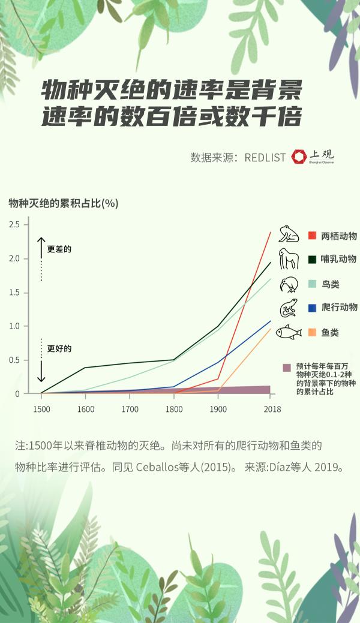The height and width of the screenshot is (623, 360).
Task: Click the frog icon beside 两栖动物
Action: (x=289, y=234)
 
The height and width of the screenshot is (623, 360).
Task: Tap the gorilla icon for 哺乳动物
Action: (x=289, y=258)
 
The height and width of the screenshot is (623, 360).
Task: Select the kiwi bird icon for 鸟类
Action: (x=289, y=284)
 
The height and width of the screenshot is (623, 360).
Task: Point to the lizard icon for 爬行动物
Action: (x=289, y=308)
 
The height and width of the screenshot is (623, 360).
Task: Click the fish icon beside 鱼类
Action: (x=289, y=332)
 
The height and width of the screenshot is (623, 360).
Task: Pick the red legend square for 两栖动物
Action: (x=312, y=236)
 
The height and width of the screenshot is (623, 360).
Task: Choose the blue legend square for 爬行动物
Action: (x=312, y=308)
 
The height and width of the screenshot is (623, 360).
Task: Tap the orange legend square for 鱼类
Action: (x=312, y=332)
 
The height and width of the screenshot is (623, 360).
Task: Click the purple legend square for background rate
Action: (x=287, y=368)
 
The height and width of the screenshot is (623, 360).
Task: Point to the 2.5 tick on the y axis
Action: (x=14, y=225)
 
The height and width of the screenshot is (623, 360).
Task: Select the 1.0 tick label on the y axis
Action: (x=14, y=326)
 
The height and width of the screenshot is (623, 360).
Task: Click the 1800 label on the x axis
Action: (x=174, y=410)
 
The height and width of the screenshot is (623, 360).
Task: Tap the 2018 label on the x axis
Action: (x=272, y=410)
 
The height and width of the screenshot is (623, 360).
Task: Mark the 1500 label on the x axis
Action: (x=41, y=410)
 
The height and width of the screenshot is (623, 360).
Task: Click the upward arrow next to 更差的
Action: (x=41, y=247)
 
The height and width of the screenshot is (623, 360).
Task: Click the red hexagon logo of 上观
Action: (x=299, y=157)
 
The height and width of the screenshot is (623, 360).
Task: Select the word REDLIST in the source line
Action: (x=265, y=158)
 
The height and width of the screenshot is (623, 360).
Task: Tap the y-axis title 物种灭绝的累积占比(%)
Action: (x=64, y=203)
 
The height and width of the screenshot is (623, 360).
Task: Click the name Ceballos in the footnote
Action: (x=157, y=467)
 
